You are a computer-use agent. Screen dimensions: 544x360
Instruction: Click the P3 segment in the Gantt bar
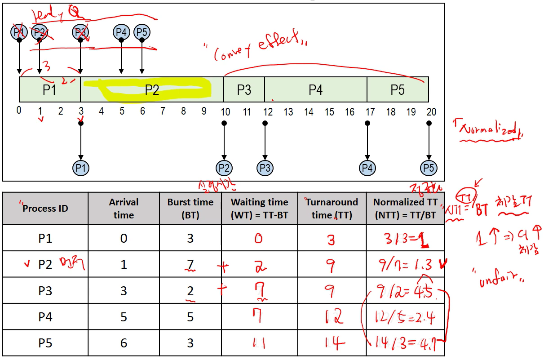[x=244, y=89]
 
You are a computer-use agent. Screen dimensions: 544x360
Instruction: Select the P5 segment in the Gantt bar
[x=398, y=89]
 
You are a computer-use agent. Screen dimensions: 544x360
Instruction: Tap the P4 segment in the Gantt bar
[x=316, y=89]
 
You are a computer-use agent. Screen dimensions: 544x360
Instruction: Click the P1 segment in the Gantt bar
[x=49, y=89]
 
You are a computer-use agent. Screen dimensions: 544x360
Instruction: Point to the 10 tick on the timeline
[x=224, y=111]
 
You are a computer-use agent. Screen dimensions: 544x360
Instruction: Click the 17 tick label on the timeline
[x=370, y=111]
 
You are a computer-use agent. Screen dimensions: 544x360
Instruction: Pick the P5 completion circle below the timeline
[x=429, y=168]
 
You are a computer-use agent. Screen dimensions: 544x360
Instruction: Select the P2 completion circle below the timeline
[x=224, y=168]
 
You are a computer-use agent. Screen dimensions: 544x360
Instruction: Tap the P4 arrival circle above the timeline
[x=121, y=32]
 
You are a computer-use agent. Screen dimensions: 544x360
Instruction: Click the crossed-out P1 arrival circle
[x=19, y=32]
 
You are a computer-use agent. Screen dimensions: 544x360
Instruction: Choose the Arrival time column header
[x=124, y=209]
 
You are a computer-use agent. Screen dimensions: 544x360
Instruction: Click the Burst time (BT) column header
[x=190, y=209]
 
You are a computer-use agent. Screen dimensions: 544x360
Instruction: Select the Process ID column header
[x=45, y=209]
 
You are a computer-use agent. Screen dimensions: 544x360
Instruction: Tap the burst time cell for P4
[x=190, y=317]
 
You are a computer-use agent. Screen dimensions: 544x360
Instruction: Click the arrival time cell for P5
[x=124, y=343]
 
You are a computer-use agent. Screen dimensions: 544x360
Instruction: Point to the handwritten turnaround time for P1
[x=331, y=240]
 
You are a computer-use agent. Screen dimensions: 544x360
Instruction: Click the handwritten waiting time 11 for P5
[x=259, y=344]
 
